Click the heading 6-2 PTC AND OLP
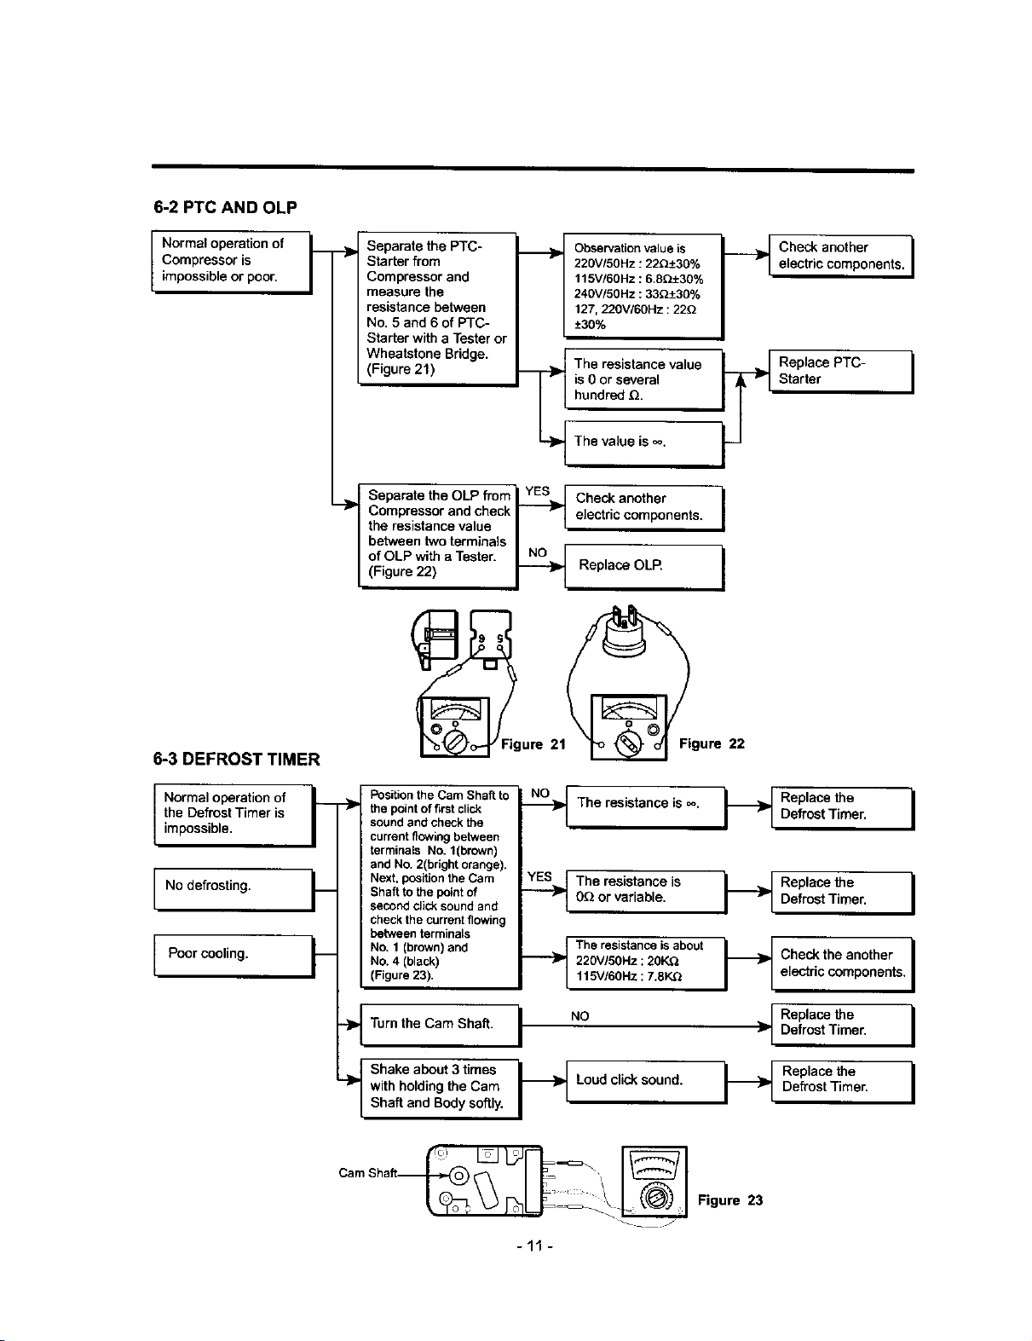(x=225, y=207)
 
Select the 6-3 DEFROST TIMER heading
(x=236, y=759)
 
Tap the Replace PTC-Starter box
(x=841, y=372)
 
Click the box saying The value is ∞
(x=644, y=443)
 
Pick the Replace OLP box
(x=644, y=567)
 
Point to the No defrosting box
(x=233, y=889)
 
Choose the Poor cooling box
(x=233, y=956)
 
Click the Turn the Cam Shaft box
(x=441, y=1025)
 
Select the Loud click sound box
(x=646, y=1082)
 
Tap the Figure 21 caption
(x=533, y=744)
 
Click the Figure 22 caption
(x=712, y=743)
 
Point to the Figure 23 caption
(x=730, y=1200)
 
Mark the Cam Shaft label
(x=367, y=1173)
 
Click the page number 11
(x=535, y=1246)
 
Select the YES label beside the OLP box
(x=537, y=491)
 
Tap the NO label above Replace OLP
(x=537, y=552)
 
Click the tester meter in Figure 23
(x=654, y=1182)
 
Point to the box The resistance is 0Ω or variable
(x=646, y=892)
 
